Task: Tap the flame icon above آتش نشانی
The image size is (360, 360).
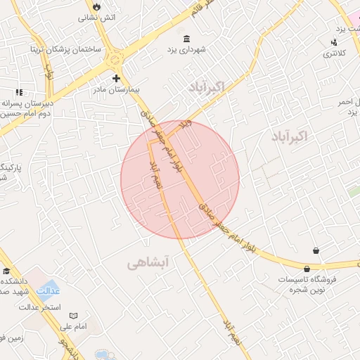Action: [x=96, y=5]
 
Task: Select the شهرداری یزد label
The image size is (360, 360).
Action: [x=186, y=50]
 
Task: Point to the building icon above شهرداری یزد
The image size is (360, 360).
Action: [x=186, y=39]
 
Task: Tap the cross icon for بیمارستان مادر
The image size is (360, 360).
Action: [x=116, y=78]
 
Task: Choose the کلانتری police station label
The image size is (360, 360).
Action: [x=334, y=54]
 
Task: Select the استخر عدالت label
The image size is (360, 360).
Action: [x=40, y=307]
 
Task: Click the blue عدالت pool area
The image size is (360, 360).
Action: [x=47, y=290]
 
